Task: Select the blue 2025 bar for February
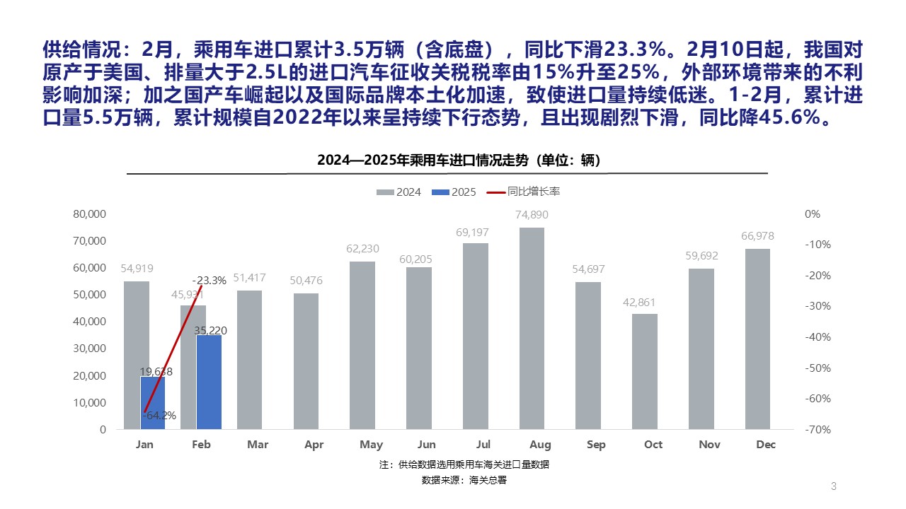click(209, 382)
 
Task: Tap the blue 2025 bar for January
click(152, 403)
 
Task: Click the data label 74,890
click(532, 215)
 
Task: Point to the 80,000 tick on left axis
click(90, 214)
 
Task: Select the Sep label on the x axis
click(596, 445)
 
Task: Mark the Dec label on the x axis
click(766, 445)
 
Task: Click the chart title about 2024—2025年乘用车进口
click(459, 161)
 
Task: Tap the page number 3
click(833, 486)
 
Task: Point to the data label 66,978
click(757, 235)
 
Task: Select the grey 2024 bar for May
click(362, 345)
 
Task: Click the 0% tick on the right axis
click(813, 214)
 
